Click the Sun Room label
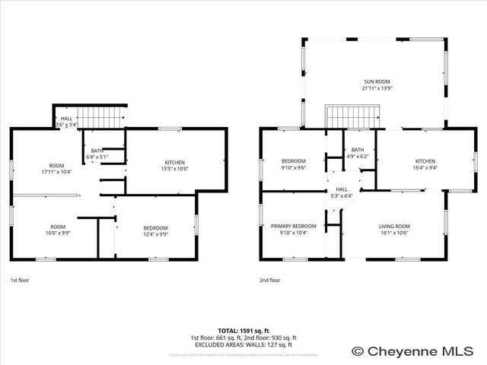pyautogui.click(x=377, y=84)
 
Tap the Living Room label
pyautogui.click(x=394, y=230)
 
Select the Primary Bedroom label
pyautogui.click(x=294, y=230)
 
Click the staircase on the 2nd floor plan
pyautogui.click(x=352, y=118)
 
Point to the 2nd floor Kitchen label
pyautogui.click(x=425, y=164)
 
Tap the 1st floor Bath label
pyautogui.click(x=97, y=154)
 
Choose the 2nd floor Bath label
pyautogui.click(x=358, y=154)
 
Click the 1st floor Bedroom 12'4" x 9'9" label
pyautogui.click(x=156, y=231)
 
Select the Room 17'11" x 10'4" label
pyautogui.click(x=57, y=169)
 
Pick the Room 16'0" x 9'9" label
pyautogui.click(x=57, y=230)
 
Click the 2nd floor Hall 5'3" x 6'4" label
pyautogui.click(x=342, y=192)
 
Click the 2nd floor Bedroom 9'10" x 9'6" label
pyautogui.click(x=294, y=164)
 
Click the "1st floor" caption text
pyautogui.click(x=20, y=281)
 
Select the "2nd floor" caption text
pyautogui.click(x=270, y=281)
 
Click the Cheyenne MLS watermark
pyautogui.click(x=418, y=351)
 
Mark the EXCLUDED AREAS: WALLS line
pyautogui.click(x=243, y=344)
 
